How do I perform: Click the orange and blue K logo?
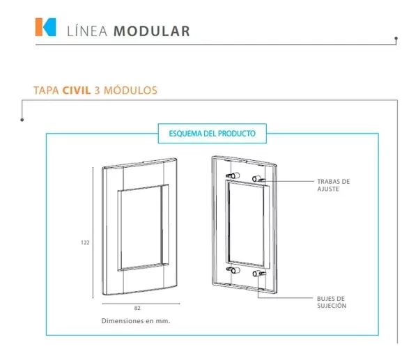tap(45, 27)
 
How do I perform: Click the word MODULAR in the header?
tap(152, 31)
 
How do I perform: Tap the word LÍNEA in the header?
tap(87, 31)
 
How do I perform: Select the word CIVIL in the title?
tap(77, 91)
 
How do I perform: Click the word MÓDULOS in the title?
tap(130, 90)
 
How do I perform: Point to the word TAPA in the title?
tap(46, 91)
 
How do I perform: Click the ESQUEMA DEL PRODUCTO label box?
tap(212, 134)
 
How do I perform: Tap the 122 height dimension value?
tap(85, 242)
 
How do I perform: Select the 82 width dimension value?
tap(137, 308)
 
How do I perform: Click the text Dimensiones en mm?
tap(136, 321)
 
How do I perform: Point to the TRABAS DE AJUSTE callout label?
tap(333, 185)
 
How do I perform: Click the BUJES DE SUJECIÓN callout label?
tap(332, 302)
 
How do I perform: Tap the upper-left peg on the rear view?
tap(233, 175)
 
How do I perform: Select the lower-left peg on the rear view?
tap(233, 270)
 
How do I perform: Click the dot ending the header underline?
tap(396, 38)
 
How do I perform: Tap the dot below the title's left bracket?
tap(22, 120)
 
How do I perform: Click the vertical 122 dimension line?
tap(93, 233)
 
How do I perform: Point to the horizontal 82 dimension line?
tap(141, 304)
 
